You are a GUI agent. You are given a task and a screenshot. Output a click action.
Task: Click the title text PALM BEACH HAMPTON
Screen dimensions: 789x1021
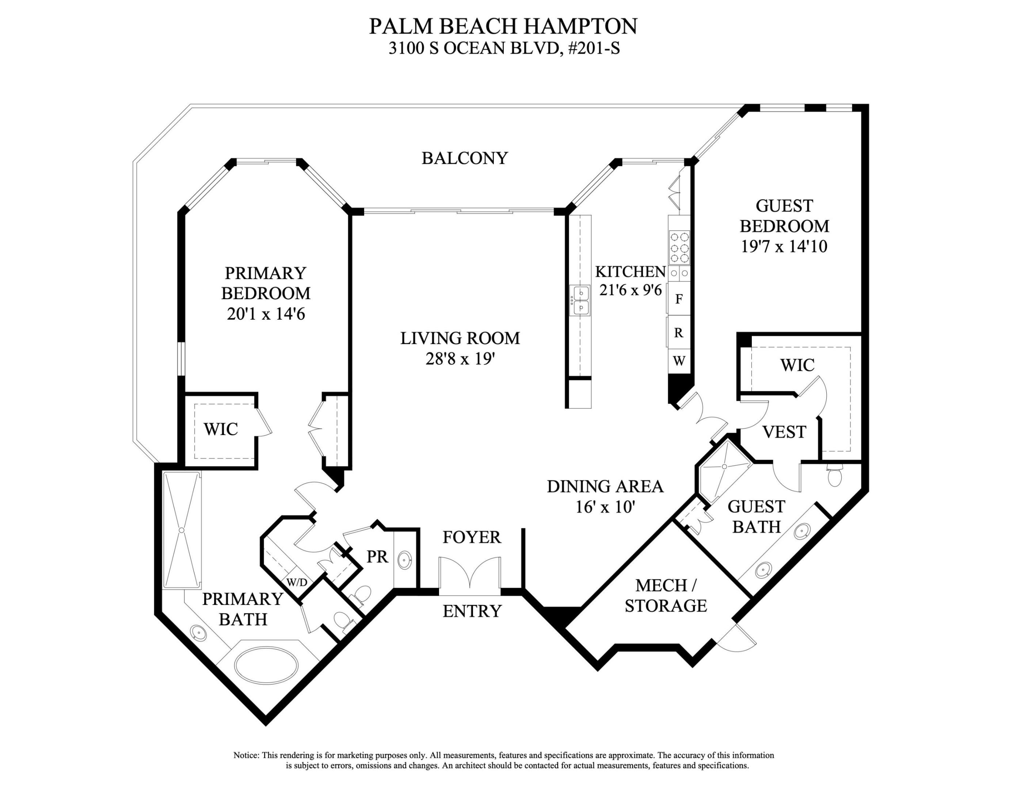503,27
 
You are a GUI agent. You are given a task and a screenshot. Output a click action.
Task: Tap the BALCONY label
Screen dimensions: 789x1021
464,159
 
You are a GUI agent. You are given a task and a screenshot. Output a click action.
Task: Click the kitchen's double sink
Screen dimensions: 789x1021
580,301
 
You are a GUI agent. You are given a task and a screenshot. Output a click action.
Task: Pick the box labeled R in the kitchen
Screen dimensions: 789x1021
679,333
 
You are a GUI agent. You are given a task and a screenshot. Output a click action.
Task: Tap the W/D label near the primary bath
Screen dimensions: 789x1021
296,582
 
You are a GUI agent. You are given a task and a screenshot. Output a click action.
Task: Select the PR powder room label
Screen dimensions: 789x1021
377,557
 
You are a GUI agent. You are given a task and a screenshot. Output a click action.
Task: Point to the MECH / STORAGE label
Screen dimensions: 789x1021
666,595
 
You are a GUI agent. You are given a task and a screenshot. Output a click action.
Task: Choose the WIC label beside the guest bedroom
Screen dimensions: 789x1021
797,365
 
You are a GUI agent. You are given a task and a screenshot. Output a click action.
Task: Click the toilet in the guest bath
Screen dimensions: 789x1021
834,477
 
